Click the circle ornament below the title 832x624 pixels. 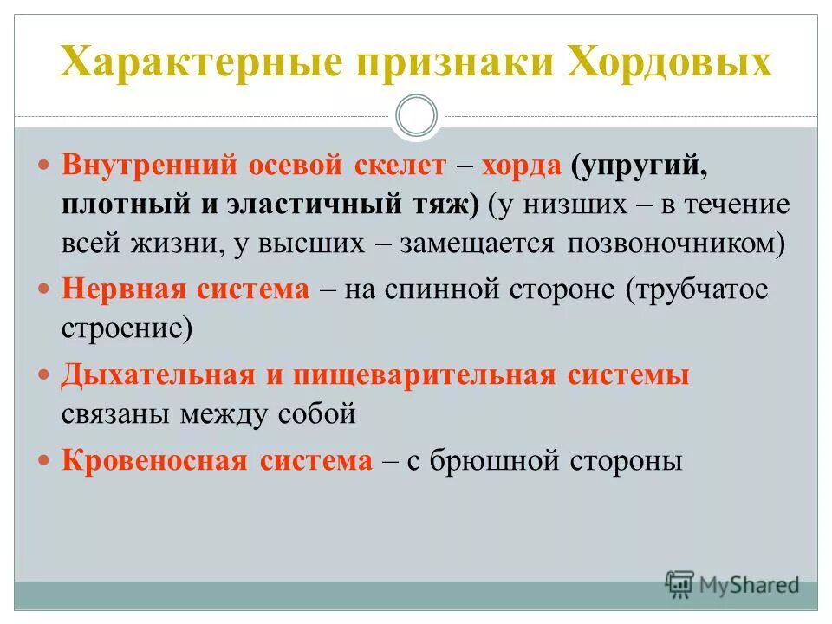[x=416, y=115]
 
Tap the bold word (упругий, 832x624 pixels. [x=640, y=166]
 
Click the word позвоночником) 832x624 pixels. [x=676, y=244]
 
